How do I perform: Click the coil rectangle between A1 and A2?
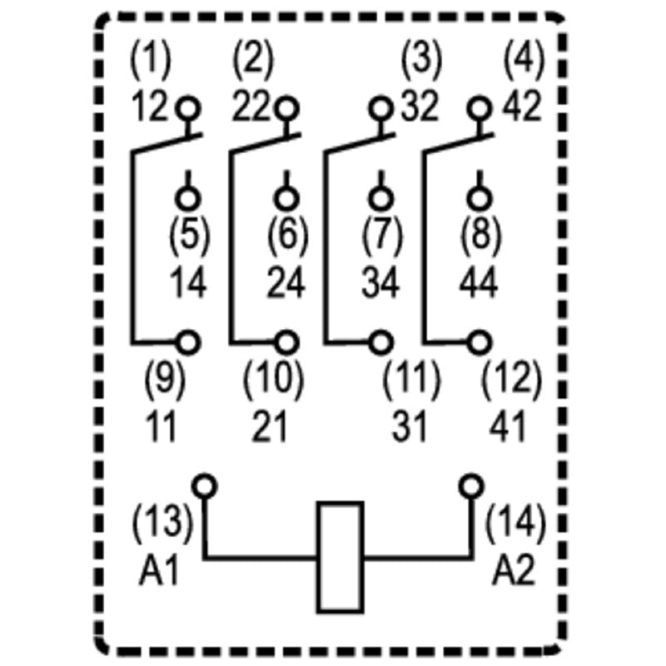pos(340,557)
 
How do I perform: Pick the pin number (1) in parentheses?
pos(151,60)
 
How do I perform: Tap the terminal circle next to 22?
pos(286,108)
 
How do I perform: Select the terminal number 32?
pos(419,107)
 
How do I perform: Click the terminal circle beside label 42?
pos(479,108)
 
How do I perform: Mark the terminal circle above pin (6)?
pos(286,198)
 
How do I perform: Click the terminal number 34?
pos(380,285)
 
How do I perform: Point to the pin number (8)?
pos(480,236)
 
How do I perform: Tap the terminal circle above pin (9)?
pos(190,341)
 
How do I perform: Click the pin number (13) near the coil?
pos(162,524)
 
